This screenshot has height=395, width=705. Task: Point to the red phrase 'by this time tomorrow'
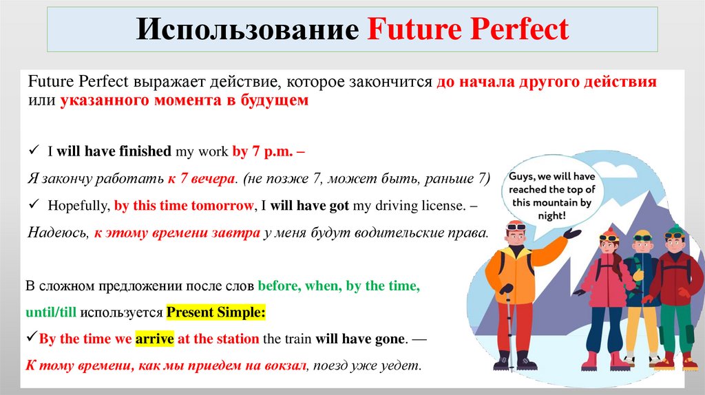click(183, 205)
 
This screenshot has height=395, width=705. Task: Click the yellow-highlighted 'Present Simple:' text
click(215, 312)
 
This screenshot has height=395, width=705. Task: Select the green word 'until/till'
click(51, 312)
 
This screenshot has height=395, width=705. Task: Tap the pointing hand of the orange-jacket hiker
click(571, 235)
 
